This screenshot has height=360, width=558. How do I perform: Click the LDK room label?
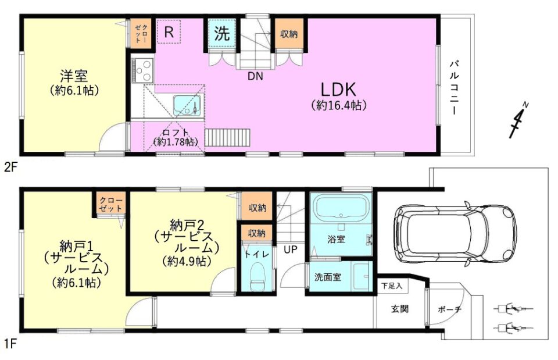[338, 90]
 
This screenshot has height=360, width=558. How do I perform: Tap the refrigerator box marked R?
[169, 31]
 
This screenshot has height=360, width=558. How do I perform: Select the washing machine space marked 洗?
[221, 33]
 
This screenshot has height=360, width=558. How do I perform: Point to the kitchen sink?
[187, 105]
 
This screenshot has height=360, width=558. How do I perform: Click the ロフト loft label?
[176, 132]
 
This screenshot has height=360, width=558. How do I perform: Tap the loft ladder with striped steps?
[228, 138]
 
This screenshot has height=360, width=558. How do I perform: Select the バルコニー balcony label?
[455, 88]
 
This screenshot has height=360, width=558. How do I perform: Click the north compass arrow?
[518, 120]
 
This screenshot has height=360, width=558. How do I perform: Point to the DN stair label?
[255, 76]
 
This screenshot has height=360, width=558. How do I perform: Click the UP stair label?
[291, 249]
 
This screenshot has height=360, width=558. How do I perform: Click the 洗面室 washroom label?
[327, 277]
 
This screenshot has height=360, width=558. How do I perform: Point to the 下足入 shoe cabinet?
[392, 286]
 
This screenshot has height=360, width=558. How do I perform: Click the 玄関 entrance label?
[400, 309]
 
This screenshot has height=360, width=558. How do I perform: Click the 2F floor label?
[10, 167]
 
